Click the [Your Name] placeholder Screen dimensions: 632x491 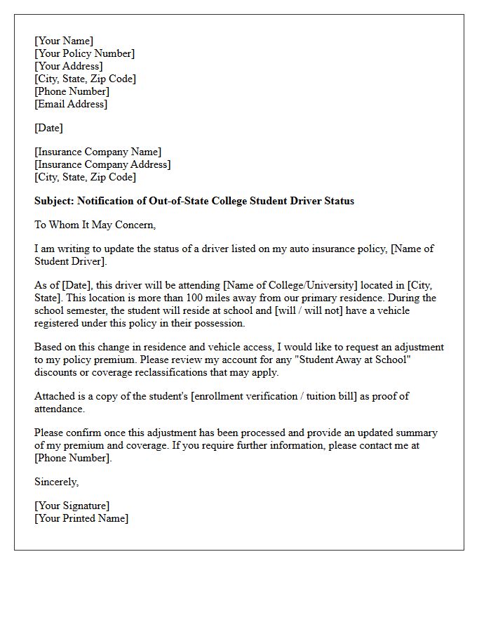point(64,41)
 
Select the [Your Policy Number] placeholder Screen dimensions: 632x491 point(84,53)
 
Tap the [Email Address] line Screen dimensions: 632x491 point(71,104)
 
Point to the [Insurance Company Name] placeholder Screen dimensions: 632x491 point(97,152)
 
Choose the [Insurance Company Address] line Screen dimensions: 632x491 point(102,164)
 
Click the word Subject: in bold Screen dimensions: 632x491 point(55,201)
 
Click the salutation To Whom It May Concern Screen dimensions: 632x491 point(95,225)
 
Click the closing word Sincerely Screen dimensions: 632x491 point(56,482)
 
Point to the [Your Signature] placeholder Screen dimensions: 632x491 point(72,506)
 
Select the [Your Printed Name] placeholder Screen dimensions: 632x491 point(81,518)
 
